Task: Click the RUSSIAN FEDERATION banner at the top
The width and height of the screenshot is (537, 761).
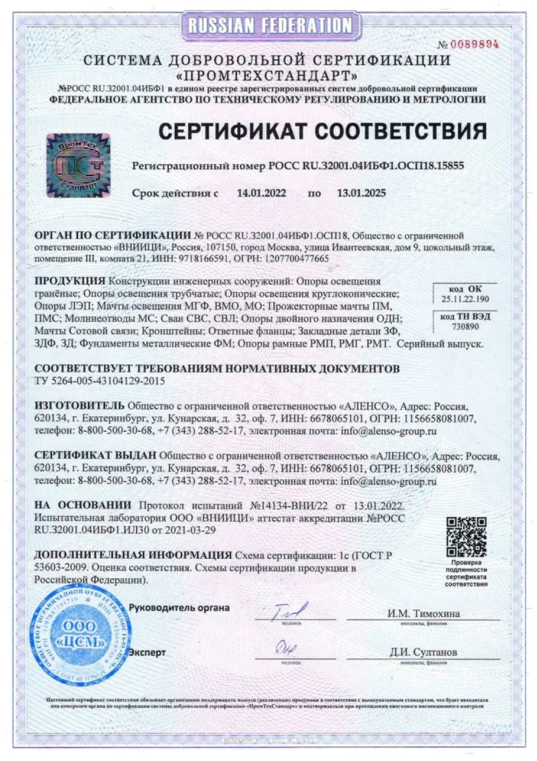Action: pos(269,25)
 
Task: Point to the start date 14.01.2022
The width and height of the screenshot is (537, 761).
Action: pos(261,194)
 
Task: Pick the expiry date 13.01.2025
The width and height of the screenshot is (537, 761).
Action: pos(361,194)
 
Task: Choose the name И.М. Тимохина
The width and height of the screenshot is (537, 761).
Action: pos(423,613)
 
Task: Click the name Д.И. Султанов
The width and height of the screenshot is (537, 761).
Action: pos(423,652)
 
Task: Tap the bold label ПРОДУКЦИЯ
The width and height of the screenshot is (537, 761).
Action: pos(70,281)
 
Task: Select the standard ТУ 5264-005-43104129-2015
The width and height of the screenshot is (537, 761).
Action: pos(100,380)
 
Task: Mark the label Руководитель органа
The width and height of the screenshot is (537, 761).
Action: pos(180,608)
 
